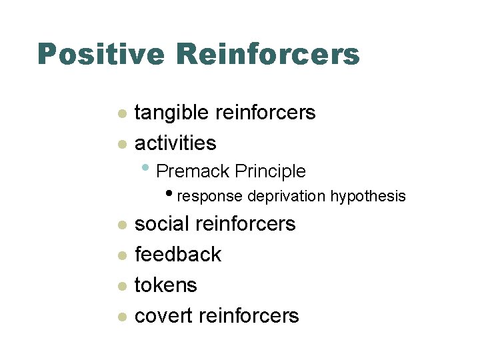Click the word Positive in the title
pos(99,55)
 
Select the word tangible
pos(172,113)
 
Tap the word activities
pos(175,143)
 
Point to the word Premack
pos(193,171)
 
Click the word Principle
pos(270,171)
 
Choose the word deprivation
pos(287,197)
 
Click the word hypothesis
pos(368,197)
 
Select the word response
pos(211,197)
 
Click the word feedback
pos(178,254)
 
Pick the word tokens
pos(166,285)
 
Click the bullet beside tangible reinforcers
pos(121,115)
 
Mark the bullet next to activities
pos(121,144)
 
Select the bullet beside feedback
pos(121,256)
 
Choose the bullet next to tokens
pos(121,287)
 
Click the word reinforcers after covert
pos(251,315)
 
